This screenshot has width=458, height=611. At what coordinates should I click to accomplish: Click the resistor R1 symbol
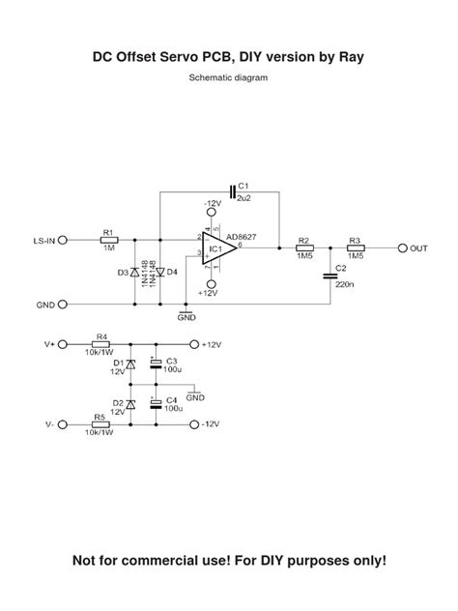tap(108, 239)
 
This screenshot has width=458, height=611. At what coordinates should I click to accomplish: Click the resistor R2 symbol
tap(303, 247)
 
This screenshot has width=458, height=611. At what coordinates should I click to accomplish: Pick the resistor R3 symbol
tap(355, 247)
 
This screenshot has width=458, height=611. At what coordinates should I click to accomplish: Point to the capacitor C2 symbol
tap(329, 276)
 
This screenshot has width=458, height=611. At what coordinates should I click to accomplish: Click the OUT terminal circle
tap(402, 247)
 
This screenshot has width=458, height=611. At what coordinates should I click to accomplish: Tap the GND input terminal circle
tap(63, 304)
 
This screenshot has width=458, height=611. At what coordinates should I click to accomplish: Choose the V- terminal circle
tap(63, 423)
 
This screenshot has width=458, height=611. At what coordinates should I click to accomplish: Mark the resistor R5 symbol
tap(100, 423)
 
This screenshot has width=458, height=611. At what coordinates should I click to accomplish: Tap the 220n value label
tap(342, 285)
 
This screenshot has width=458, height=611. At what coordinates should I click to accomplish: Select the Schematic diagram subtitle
tap(228, 77)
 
